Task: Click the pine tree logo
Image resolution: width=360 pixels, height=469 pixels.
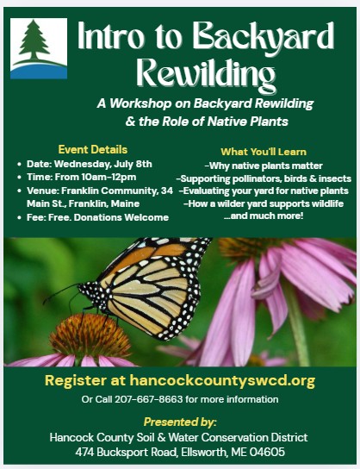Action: click(x=39, y=48)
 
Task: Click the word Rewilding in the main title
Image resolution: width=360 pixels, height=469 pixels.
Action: click(x=206, y=74)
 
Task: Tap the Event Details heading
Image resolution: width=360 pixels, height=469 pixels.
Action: click(x=93, y=149)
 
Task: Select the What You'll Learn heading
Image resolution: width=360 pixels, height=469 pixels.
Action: click(x=264, y=152)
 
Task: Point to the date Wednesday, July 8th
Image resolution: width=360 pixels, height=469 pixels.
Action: click(x=103, y=164)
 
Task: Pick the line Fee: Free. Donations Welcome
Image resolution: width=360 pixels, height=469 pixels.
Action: click(x=97, y=217)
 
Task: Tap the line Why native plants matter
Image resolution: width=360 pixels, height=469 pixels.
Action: click(x=264, y=166)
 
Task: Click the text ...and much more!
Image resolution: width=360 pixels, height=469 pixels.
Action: click(x=264, y=216)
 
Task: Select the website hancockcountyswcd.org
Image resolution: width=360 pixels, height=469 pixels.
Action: click(x=222, y=380)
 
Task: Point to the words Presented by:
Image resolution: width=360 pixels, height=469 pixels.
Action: click(x=180, y=422)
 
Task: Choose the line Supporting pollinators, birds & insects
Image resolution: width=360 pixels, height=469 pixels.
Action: click(x=264, y=178)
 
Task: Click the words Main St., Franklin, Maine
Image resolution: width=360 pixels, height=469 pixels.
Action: click(x=83, y=204)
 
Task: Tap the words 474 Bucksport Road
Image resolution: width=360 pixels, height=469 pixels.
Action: click(x=126, y=452)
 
